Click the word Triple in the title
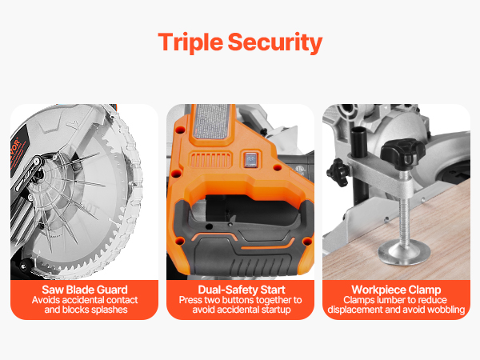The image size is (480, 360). pyautogui.click(x=190, y=42)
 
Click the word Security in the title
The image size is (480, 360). pyautogui.click(x=275, y=42)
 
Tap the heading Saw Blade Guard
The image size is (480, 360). pyautogui.click(x=85, y=290)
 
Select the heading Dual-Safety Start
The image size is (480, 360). pyautogui.click(x=242, y=290)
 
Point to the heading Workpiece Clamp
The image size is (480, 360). pyautogui.click(x=396, y=290)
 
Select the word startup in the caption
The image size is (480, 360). pyautogui.click(x=274, y=310)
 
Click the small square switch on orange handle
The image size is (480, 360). pyautogui.click(x=251, y=159)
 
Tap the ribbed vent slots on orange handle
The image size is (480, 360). pyautogui.click(x=210, y=160)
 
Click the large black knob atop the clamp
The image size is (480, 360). pyautogui.click(x=402, y=153)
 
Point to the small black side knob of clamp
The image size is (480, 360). pyautogui.click(x=338, y=172)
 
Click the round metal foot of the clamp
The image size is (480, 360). pyautogui.click(x=404, y=252)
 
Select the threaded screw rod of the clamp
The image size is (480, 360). pyautogui.click(x=405, y=208)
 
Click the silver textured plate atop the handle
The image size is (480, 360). pyautogui.click(x=211, y=122)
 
